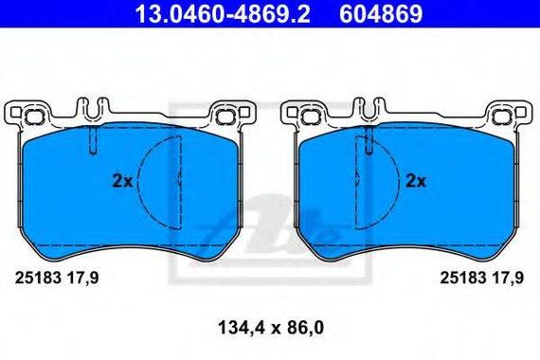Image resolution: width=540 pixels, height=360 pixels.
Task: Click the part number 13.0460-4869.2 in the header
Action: tap(223, 14)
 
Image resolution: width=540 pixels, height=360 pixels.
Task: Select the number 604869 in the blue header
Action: tap(381, 14)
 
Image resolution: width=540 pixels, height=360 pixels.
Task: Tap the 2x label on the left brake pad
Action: tap(122, 181)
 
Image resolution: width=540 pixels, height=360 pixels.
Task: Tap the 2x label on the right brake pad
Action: tap(416, 181)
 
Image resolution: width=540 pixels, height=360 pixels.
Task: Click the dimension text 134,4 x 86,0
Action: tap(271, 328)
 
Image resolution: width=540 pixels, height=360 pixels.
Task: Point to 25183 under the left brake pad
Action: tap(38, 278)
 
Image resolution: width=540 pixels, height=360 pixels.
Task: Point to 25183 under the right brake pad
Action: tap(463, 278)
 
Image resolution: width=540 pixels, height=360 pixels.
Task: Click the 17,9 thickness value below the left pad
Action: tap(82, 278)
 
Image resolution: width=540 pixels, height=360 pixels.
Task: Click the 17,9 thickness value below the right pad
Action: tap(508, 278)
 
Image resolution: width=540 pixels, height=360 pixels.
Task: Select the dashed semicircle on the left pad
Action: tap(138, 183)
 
